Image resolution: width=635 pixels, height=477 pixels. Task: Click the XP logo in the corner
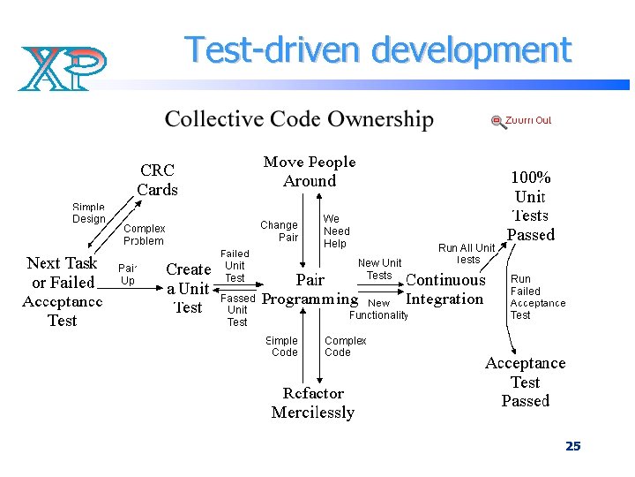coord(62,67)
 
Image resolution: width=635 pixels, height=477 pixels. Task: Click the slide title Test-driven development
coord(377,50)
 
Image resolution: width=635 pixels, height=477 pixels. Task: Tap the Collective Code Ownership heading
coord(299,119)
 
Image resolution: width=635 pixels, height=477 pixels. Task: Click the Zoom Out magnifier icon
coord(498,122)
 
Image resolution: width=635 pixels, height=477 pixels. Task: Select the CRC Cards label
coord(157,179)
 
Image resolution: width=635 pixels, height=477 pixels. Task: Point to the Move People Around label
coord(310,171)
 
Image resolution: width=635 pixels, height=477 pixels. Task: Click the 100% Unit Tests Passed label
coord(531,206)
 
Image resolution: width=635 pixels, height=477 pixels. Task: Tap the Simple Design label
coord(88,213)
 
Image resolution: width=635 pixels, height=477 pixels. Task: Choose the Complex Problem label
coord(144,234)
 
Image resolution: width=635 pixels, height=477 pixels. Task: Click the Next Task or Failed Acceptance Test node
coord(62,291)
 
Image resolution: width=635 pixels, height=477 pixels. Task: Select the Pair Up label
coord(127,274)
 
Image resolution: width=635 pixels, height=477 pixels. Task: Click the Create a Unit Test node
coord(189,288)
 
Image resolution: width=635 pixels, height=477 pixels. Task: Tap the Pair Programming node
coord(310,290)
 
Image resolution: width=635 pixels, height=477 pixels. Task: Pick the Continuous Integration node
coord(445,290)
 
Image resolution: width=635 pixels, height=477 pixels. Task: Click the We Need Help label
coord(336,231)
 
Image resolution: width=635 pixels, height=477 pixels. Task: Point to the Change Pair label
coord(279,231)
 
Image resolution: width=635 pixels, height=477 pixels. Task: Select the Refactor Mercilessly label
coord(313,403)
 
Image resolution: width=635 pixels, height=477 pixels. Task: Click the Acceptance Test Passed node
coord(526,382)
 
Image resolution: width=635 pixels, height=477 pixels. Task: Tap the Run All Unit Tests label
coord(467,254)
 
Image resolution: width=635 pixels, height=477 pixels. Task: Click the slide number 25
coord(573,446)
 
